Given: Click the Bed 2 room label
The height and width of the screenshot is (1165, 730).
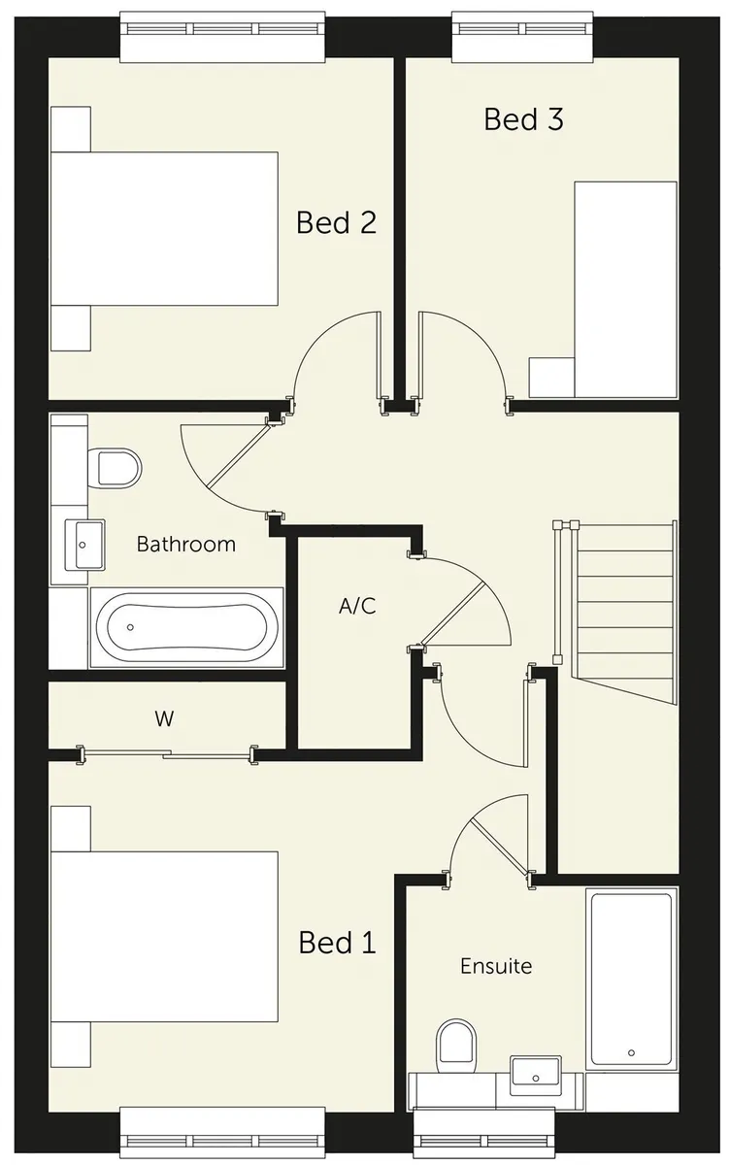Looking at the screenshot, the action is (x=336, y=222).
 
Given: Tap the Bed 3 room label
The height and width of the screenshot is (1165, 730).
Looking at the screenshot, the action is (x=523, y=119).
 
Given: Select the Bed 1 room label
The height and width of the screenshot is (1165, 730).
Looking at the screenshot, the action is (x=338, y=942).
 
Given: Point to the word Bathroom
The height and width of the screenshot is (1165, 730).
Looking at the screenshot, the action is (x=186, y=544).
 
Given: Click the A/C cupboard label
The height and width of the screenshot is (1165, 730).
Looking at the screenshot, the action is (x=357, y=606).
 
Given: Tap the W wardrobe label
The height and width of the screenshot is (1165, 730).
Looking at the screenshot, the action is (x=164, y=718).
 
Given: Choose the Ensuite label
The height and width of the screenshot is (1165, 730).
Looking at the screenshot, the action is (x=496, y=966).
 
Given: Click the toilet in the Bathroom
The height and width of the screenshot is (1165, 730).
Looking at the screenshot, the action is (x=115, y=469).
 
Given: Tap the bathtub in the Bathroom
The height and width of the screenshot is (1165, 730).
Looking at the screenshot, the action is (x=186, y=627).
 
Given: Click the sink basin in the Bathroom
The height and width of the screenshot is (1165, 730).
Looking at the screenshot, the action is (x=84, y=545).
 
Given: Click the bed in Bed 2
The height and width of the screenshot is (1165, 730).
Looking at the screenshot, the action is (x=164, y=228).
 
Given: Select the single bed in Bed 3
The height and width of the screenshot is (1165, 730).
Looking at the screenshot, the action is (x=625, y=289).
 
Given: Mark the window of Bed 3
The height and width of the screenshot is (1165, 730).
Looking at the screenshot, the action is (x=522, y=37).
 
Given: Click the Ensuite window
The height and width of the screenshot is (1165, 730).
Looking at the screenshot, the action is (x=484, y=1134).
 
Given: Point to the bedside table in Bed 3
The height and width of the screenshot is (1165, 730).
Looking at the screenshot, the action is (x=551, y=378).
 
